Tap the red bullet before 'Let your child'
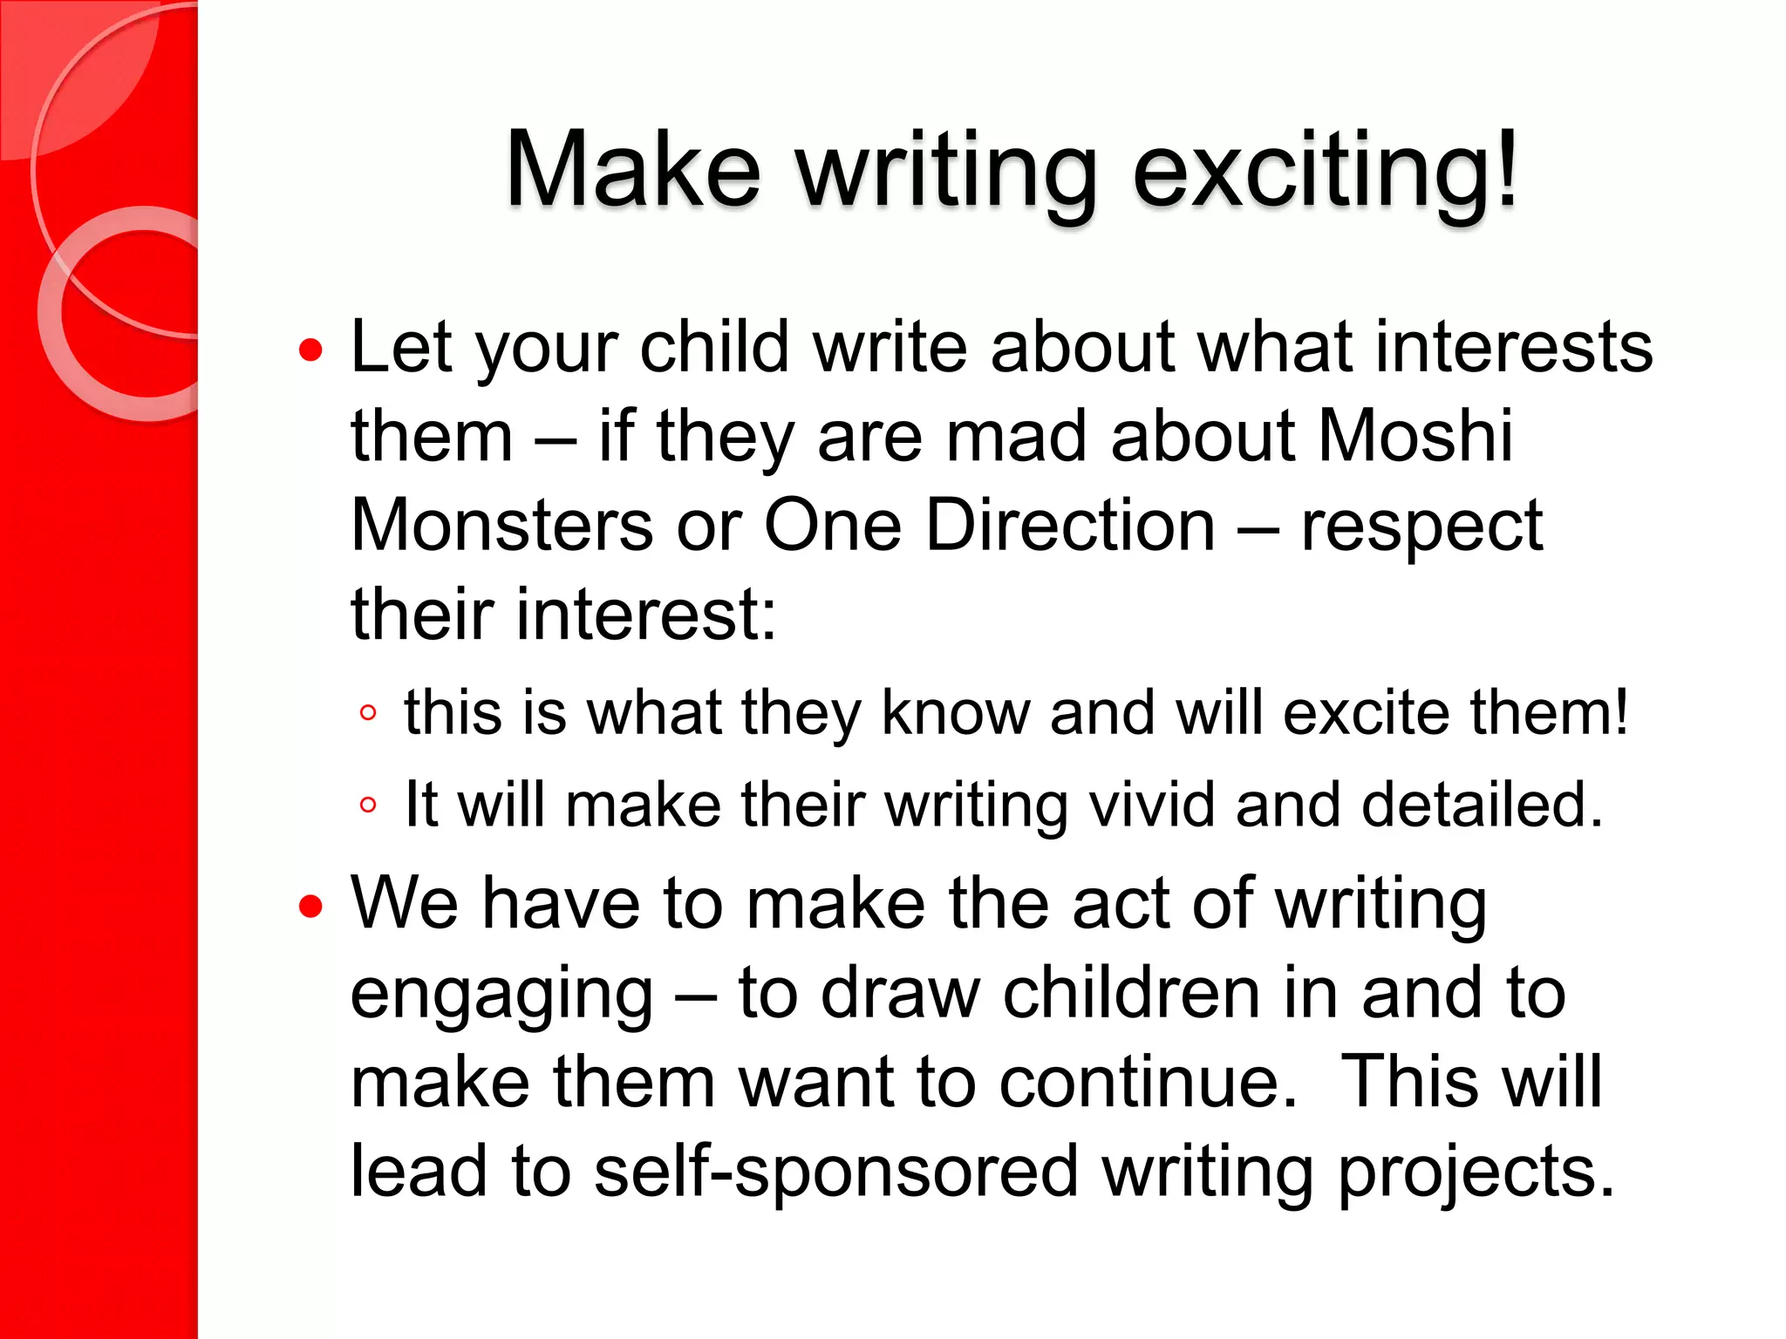(310, 350)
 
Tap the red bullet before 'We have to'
(310, 907)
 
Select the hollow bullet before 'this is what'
(368, 713)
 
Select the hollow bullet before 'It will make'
(368, 805)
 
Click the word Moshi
(1414, 436)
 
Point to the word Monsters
(502, 526)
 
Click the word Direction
(1070, 526)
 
